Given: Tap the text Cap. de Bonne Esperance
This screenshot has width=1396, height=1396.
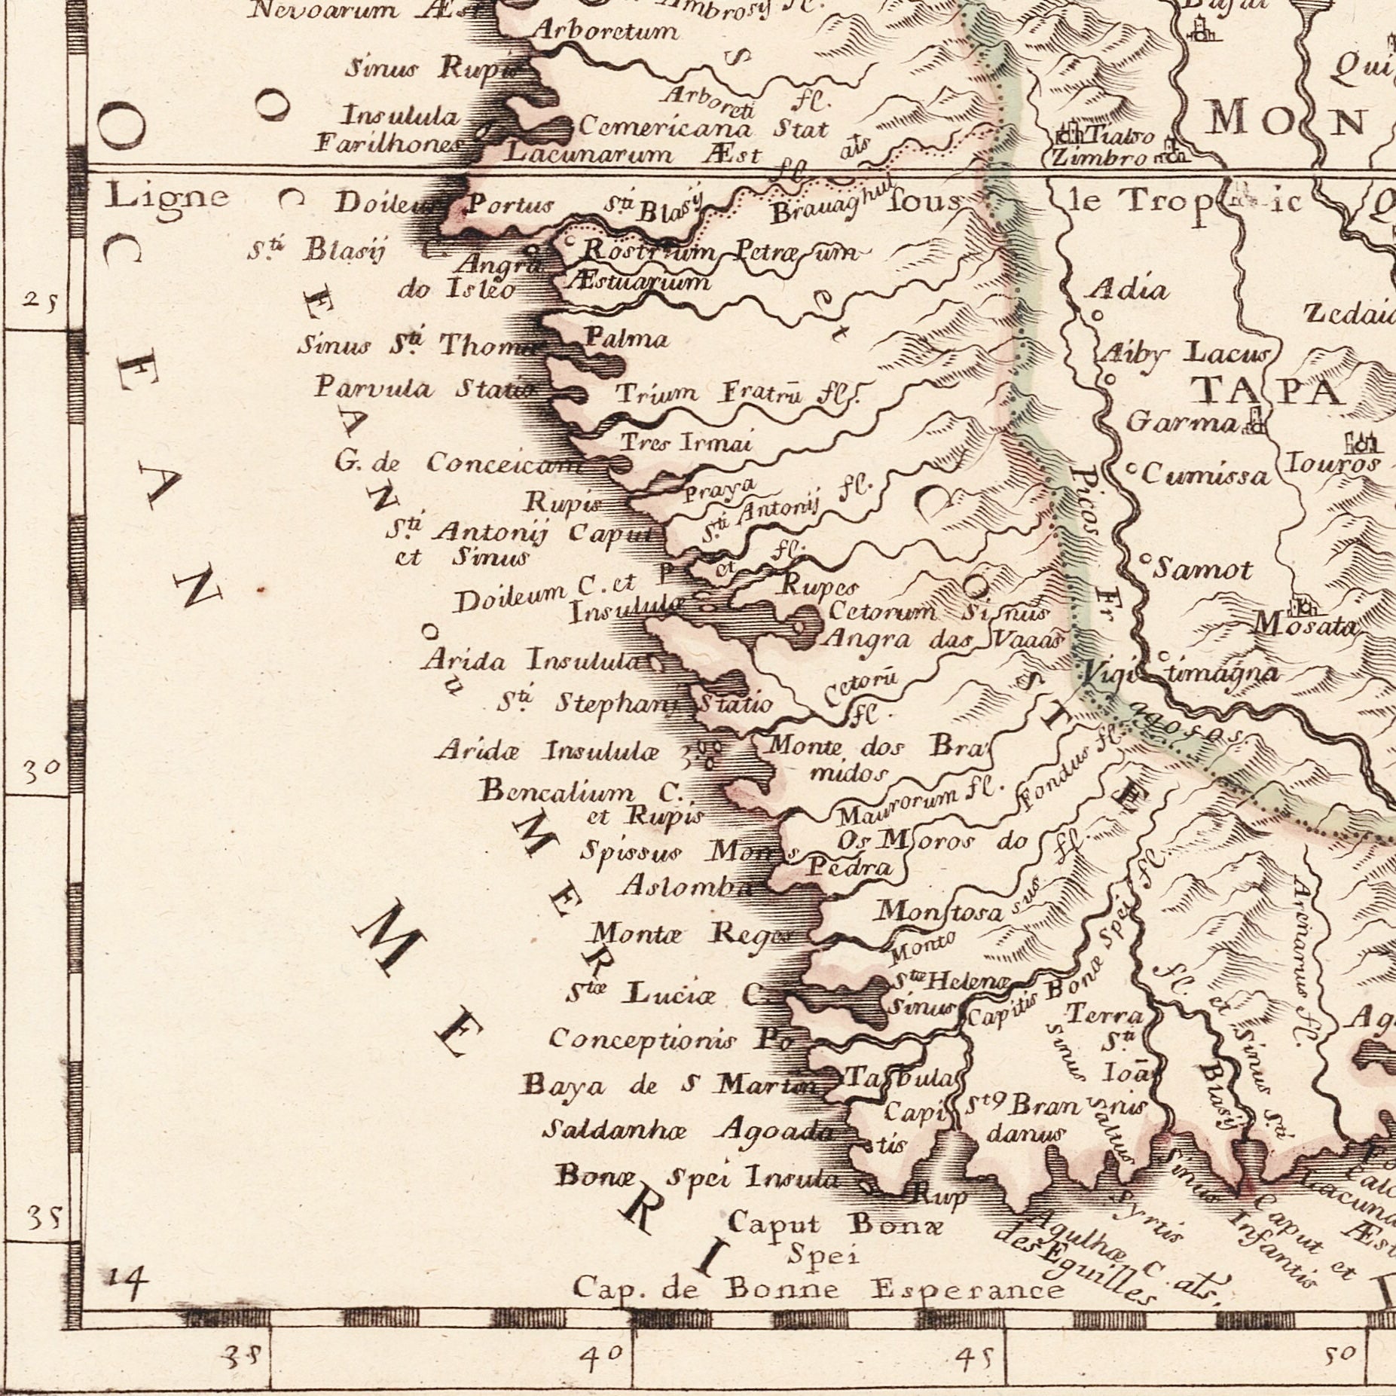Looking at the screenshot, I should [818, 1290].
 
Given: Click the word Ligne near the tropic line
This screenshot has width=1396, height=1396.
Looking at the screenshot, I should [166, 197].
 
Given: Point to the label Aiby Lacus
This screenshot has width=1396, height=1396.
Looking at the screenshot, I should [1184, 353].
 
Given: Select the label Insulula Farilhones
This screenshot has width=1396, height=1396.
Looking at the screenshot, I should [398, 129].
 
